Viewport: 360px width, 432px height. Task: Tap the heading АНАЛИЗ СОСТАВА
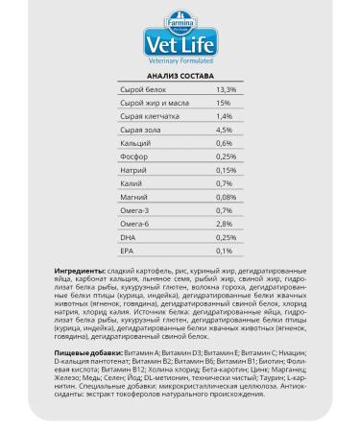180,75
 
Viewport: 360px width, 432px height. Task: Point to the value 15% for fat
223,102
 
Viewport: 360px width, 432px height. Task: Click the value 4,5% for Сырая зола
225,129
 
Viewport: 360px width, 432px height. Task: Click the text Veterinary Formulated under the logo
180,60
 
